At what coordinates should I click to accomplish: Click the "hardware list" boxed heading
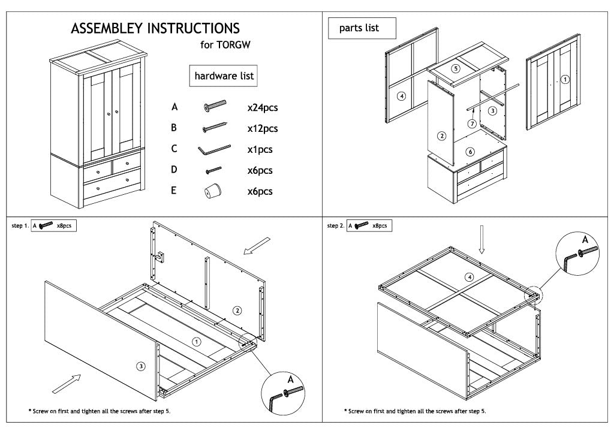point(224,76)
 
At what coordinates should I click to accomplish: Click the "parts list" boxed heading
point(359,28)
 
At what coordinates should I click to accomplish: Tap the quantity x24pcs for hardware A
point(263,108)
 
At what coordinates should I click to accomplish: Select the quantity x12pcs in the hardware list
point(263,129)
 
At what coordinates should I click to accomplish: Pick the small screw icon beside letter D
point(213,171)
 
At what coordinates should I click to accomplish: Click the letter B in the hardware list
point(174,128)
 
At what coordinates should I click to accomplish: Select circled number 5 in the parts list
point(456,69)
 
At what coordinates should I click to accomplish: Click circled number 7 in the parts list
point(472,124)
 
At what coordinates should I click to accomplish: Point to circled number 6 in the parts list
point(471,152)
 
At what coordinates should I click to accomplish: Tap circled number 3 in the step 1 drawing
point(140,366)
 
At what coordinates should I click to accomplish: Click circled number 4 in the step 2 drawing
point(469,276)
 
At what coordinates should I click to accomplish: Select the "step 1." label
point(20,226)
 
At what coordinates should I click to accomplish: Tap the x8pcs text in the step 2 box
point(380,226)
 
